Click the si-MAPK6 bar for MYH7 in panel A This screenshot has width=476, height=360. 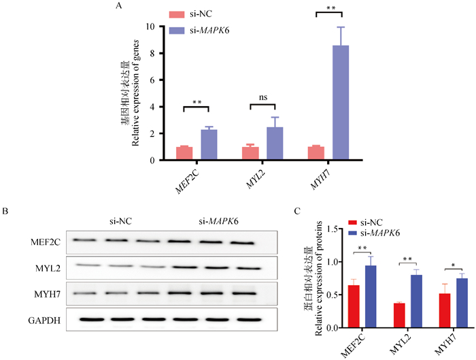point(341,103)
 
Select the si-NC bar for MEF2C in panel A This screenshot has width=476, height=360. point(184,153)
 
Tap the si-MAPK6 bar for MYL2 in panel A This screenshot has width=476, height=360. point(275,144)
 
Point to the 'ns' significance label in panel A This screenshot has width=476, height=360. point(263,97)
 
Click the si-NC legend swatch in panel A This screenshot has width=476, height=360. point(176,14)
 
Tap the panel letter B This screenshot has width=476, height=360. point(6,212)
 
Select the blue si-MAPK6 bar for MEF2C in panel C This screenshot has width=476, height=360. point(371,297)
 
